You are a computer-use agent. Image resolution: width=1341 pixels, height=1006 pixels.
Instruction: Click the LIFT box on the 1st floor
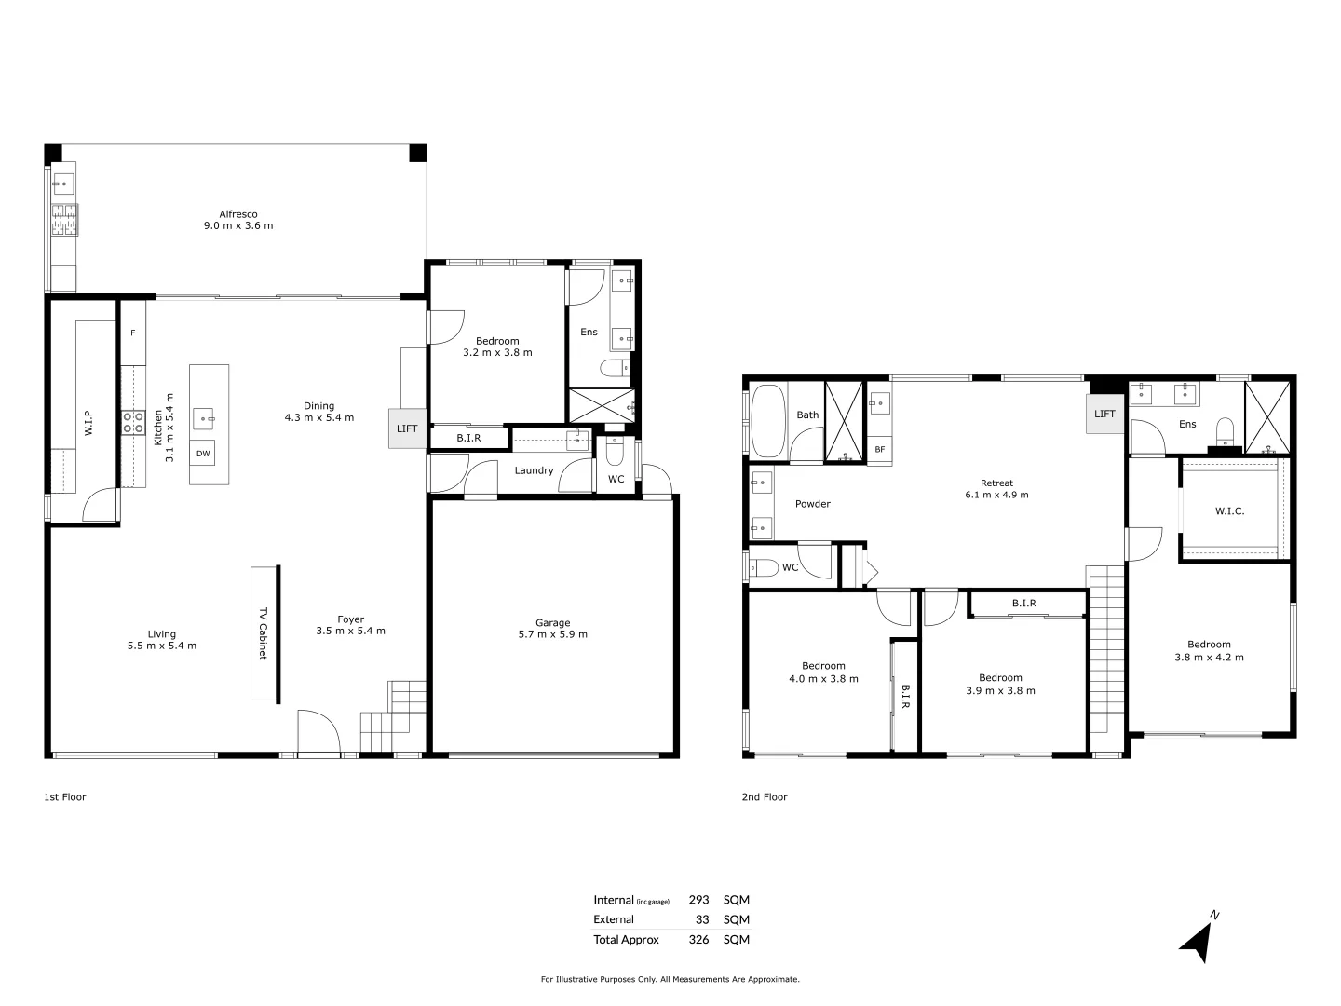(407, 428)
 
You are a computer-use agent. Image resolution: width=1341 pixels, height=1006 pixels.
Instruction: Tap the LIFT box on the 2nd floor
(1104, 414)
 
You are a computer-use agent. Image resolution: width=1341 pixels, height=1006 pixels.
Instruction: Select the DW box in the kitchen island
(202, 453)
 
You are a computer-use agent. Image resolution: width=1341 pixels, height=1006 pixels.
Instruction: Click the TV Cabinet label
(264, 633)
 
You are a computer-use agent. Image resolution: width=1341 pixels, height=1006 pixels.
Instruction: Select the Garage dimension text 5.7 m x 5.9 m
(553, 634)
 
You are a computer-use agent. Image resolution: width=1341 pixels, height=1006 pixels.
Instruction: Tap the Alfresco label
(238, 214)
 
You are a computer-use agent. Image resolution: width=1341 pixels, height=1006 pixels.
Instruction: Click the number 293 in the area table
(698, 900)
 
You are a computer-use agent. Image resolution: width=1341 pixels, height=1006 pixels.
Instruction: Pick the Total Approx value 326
(698, 939)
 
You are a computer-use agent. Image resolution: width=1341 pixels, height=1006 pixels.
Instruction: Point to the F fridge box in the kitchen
(132, 333)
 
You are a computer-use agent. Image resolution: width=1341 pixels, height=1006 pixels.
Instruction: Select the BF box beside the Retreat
(879, 450)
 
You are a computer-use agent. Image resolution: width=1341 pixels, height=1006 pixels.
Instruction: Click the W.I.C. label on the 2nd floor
(1229, 510)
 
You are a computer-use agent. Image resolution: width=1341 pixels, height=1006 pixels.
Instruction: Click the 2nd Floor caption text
(764, 796)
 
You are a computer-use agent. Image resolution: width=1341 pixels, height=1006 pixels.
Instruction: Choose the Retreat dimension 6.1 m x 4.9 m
(996, 495)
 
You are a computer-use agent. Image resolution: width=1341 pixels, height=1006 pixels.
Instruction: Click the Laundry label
(535, 470)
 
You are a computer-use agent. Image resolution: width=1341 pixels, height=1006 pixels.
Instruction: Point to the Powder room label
(812, 504)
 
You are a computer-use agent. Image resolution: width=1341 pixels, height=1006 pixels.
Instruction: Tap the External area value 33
(702, 919)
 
